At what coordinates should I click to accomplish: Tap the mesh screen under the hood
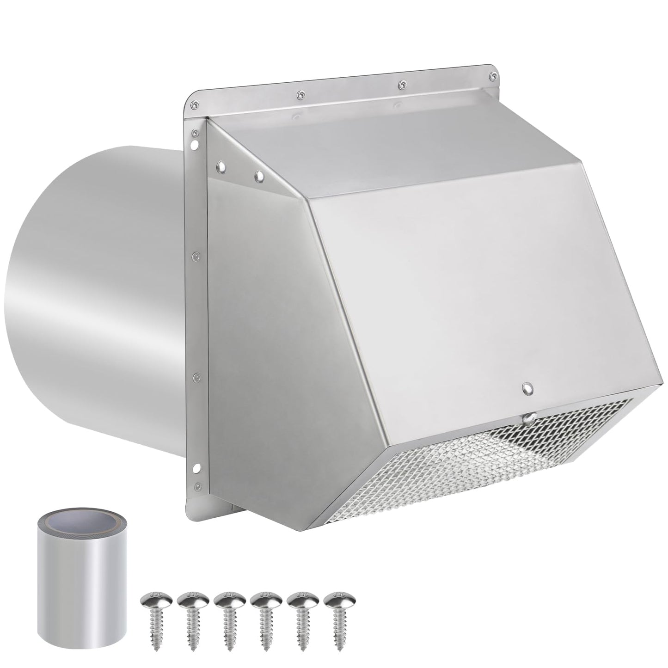(x=485, y=462)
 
